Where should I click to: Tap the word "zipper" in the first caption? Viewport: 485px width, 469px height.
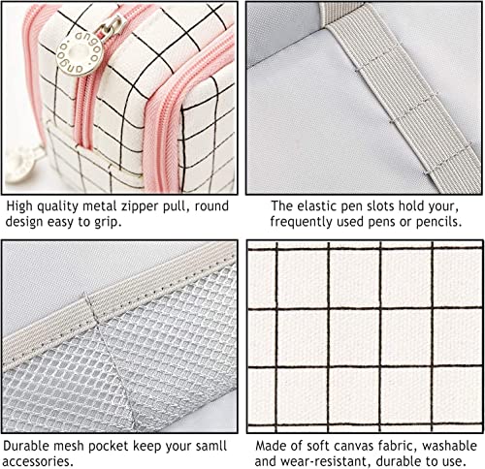pyautogui.click(x=145, y=206)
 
